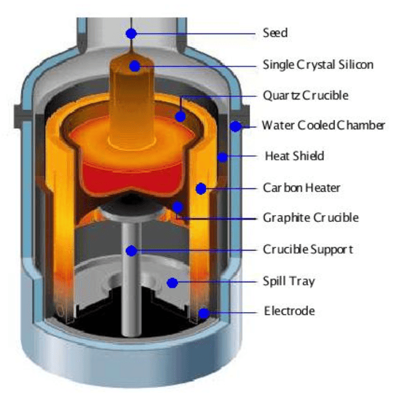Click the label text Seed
[x=275, y=33]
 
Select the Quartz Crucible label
[x=306, y=96]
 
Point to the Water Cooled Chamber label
[x=323, y=126]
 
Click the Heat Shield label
[x=294, y=156]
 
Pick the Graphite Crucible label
[x=311, y=218]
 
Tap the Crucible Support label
[x=307, y=250]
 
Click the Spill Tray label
[x=289, y=282]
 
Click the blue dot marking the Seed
[x=131, y=32]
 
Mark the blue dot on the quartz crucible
[x=180, y=116]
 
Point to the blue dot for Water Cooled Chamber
[x=235, y=127]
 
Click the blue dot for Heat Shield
[x=222, y=157]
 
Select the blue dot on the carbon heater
[x=200, y=188]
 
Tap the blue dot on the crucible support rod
[x=131, y=250]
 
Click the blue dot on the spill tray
[x=172, y=283]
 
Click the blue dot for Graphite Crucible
[x=178, y=206]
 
